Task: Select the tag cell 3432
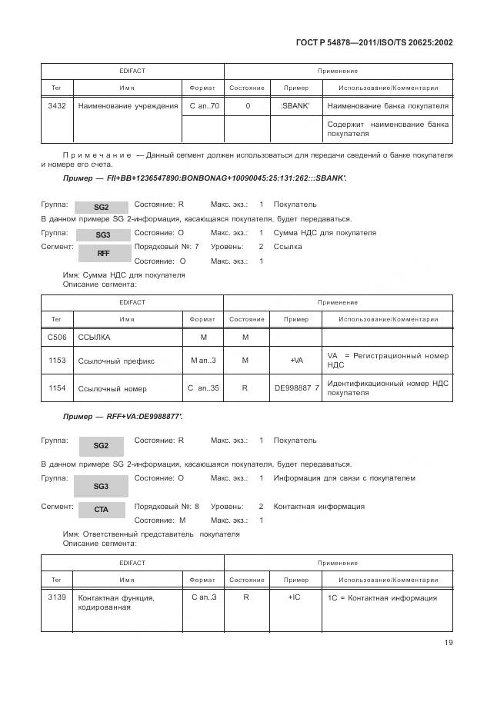(x=56, y=105)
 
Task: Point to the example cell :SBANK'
(x=296, y=105)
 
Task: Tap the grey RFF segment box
(x=102, y=253)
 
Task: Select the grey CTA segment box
(x=102, y=509)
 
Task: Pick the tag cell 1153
(x=57, y=360)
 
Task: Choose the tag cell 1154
(x=57, y=388)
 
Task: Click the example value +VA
(x=296, y=360)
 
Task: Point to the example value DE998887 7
(x=296, y=388)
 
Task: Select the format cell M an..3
(x=203, y=360)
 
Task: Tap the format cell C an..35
(x=203, y=388)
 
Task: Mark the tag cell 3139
(x=57, y=597)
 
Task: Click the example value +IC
(x=295, y=597)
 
